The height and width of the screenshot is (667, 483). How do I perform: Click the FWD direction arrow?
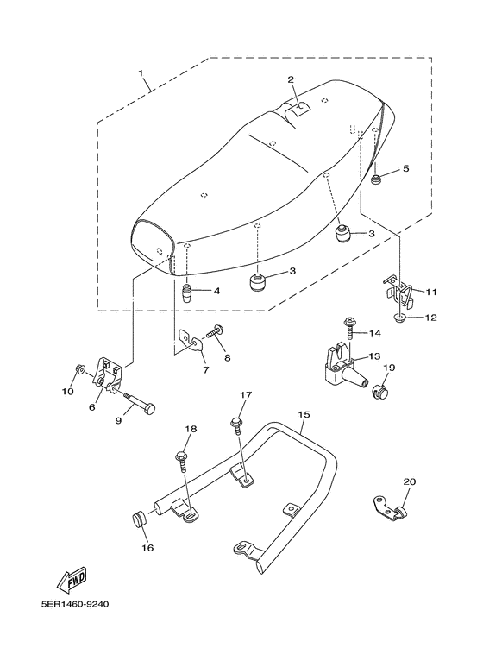pyautogui.click(x=72, y=580)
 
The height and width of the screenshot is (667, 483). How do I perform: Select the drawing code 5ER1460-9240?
pyautogui.click(x=75, y=604)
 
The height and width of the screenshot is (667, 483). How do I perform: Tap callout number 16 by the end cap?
pyautogui.click(x=147, y=547)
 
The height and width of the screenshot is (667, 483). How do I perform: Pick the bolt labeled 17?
pyautogui.click(x=236, y=425)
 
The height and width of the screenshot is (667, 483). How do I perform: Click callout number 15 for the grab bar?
pyautogui.click(x=304, y=414)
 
